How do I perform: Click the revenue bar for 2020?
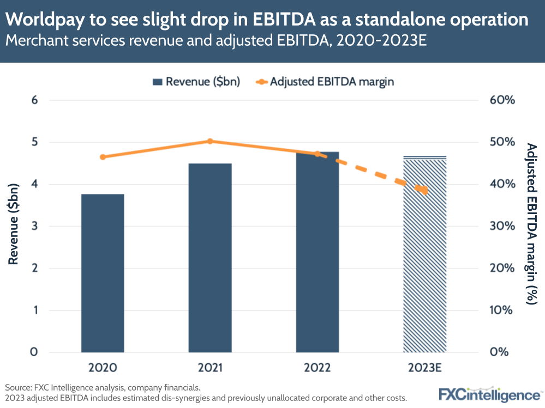pos(103,272)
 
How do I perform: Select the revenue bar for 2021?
pos(210,257)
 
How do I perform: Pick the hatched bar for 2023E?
pos(424,254)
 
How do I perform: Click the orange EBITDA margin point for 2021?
pos(210,141)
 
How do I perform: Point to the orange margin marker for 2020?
pos(103,157)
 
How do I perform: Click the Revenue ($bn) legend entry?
pos(196,82)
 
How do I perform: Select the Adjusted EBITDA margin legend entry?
pos(325,82)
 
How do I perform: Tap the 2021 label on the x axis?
pos(210,368)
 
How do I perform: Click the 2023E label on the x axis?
pos(424,368)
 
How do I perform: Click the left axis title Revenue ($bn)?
pos(14,224)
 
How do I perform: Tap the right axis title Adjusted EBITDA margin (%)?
pos(531,224)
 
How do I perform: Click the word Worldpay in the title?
pos(43,20)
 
